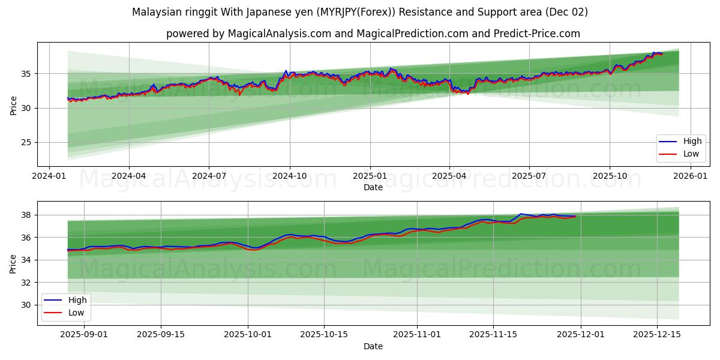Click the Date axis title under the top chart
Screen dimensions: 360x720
coord(373,187)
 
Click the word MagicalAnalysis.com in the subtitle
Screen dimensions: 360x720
coord(280,34)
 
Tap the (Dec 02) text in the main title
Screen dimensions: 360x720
coord(568,12)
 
